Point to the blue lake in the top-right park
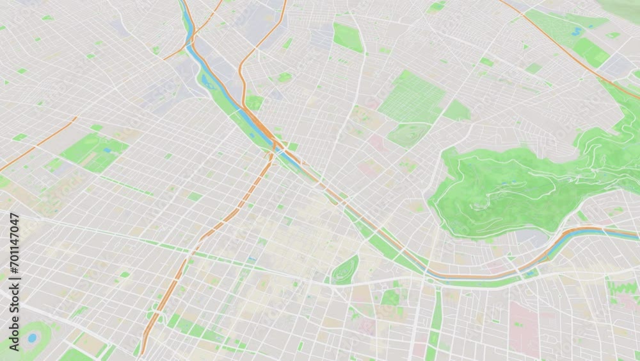(x=577, y=30)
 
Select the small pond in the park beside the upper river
(x=206, y=81)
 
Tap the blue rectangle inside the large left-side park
(x=107, y=150)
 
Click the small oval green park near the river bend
(x=346, y=269)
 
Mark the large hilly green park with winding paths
(x=506, y=186)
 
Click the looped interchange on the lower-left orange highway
(x=154, y=314)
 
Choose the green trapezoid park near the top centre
(x=348, y=37)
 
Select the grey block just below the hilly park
(x=531, y=238)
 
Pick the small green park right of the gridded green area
(x=457, y=110)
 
